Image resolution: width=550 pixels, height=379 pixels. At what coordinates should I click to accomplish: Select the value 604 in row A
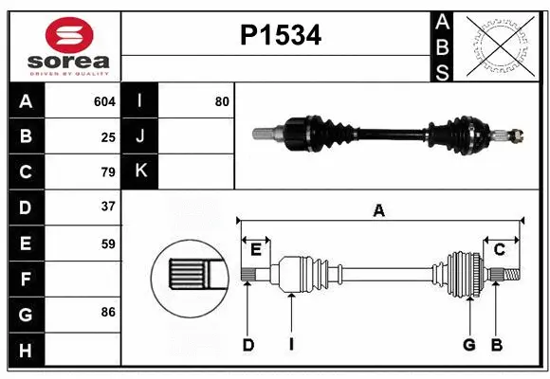[x=104, y=101]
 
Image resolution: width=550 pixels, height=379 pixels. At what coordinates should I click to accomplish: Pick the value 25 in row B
[x=108, y=137]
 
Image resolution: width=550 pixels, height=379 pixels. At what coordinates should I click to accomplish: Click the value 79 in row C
[x=108, y=172]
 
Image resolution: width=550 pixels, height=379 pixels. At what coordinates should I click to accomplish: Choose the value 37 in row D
[x=108, y=206]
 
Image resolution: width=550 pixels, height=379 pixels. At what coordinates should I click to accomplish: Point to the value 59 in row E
[x=108, y=244]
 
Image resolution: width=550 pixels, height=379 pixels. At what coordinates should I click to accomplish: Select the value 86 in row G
[x=108, y=311]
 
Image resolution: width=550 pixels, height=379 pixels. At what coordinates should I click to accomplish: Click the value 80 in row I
[x=222, y=101]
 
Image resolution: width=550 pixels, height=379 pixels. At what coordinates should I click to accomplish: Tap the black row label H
[x=26, y=350]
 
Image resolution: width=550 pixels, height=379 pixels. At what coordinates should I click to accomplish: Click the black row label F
[x=26, y=279]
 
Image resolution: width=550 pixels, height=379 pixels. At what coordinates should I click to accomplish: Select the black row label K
[x=141, y=171]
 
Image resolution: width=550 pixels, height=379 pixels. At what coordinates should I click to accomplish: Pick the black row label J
[x=141, y=136]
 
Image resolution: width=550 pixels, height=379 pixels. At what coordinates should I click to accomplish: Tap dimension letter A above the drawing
[x=379, y=210]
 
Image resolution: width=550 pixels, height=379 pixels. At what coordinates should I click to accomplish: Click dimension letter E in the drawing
[x=256, y=249]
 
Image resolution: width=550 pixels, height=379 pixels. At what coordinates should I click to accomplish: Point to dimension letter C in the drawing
[x=499, y=249]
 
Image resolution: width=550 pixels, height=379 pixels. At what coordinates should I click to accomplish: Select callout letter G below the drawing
[x=468, y=345]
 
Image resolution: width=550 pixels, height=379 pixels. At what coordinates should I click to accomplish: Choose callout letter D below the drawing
[x=247, y=345]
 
